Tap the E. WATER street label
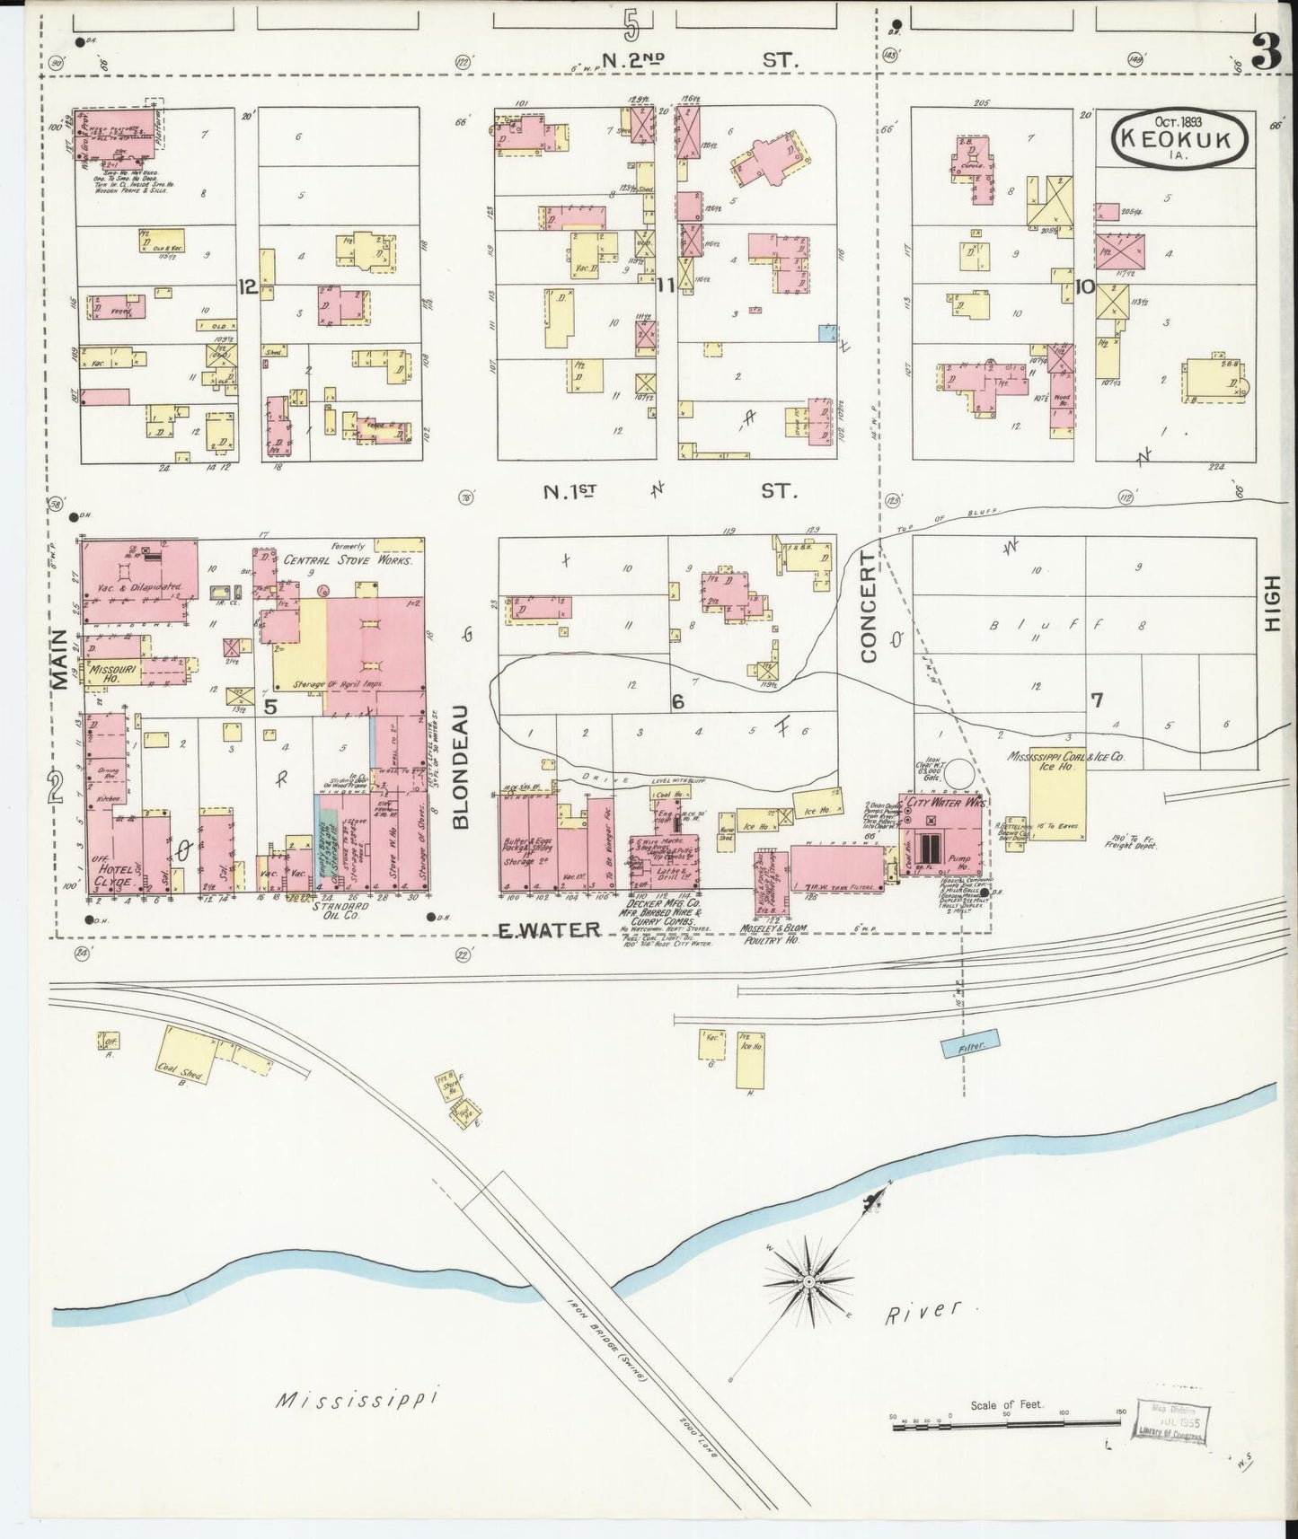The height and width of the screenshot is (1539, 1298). [x=548, y=930]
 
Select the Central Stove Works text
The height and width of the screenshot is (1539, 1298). [x=348, y=559]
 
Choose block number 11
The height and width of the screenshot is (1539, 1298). [x=666, y=286]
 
